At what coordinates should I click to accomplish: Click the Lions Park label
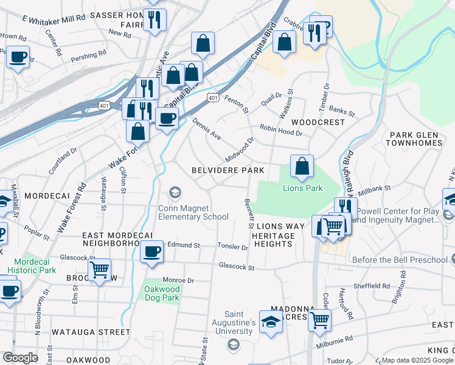(x=302, y=189)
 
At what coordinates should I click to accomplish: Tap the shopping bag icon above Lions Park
(x=302, y=166)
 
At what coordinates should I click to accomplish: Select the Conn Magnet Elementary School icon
(x=175, y=193)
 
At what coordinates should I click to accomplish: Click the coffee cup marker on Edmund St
(x=151, y=251)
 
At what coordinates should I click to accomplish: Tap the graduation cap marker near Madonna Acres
(x=271, y=322)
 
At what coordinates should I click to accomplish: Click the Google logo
(x=21, y=358)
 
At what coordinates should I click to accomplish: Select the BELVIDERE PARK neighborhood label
(x=228, y=170)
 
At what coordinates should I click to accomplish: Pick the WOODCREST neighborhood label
(x=318, y=122)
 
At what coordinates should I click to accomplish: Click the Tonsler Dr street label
(x=233, y=247)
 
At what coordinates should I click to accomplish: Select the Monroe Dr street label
(x=178, y=280)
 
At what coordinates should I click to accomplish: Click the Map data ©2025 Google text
(x=417, y=360)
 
